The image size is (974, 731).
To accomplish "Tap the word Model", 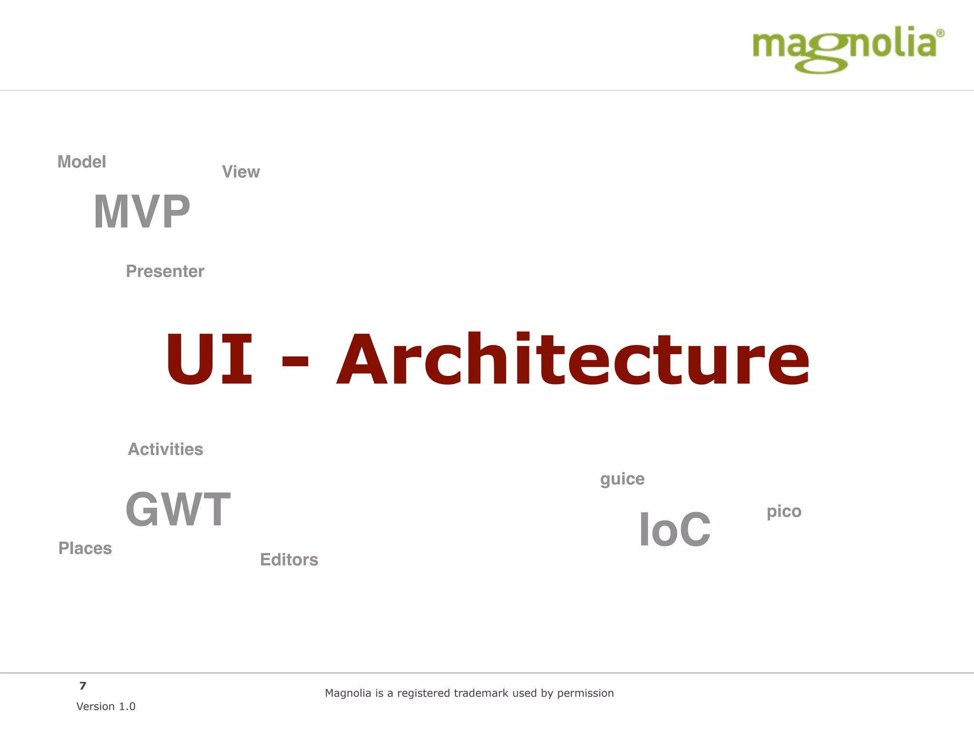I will coord(82,162).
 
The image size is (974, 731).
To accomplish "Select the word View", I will coord(241,172).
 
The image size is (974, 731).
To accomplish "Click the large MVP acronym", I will coord(142,212).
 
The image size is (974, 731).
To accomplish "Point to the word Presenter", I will coord(165,271).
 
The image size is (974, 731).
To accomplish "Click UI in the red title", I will coord(209,359).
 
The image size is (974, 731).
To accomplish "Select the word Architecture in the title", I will coord(573,359).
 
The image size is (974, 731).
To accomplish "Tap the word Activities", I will coord(166,449).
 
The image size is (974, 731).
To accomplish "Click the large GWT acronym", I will coord(178,510).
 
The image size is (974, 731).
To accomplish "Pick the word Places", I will coord(85,548).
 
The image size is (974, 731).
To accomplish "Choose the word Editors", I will coord(289,560).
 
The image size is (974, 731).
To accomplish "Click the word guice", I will coord(622,479).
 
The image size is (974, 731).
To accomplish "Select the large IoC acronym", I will coord(674,529).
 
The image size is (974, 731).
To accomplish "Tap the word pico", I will coord(784,512).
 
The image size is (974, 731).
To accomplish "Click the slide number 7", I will coord(83,686).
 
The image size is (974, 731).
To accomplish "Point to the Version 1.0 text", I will coord(106,706).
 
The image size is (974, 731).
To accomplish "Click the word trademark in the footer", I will coord(482,693).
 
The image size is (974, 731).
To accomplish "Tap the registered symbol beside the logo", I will coord(940,33).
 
